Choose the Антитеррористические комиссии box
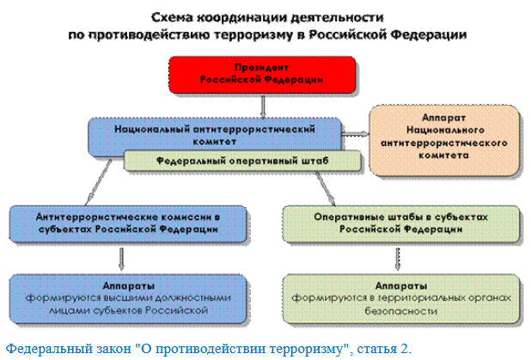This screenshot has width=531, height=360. (125, 223)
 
